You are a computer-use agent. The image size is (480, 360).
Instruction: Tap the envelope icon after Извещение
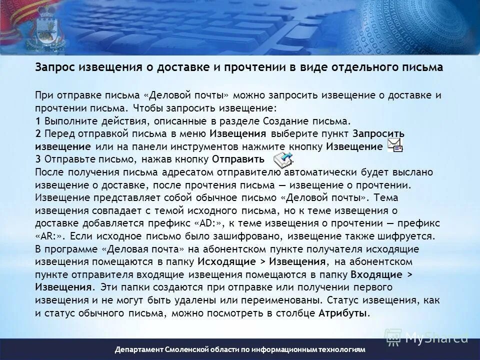[395, 145]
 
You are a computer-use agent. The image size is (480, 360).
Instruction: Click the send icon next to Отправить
[282, 159]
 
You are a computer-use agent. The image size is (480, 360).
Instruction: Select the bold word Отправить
[238, 159]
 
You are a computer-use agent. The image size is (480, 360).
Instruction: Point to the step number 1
[38, 120]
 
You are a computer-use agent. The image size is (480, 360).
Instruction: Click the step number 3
[38, 159]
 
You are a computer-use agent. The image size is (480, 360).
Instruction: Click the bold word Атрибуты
[343, 313]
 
